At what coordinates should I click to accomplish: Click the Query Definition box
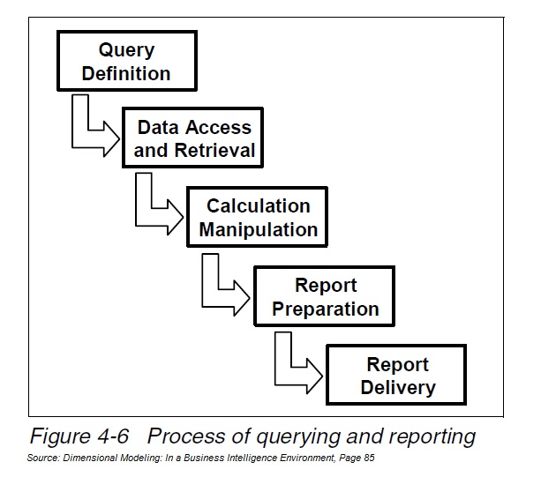point(125,61)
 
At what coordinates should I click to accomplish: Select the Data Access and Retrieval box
point(194,139)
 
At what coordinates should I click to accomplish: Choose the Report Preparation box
point(326,297)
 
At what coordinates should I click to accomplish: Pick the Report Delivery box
point(397,376)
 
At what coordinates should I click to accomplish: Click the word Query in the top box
point(125,49)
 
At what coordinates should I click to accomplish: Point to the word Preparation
point(326,309)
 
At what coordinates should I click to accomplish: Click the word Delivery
point(397,387)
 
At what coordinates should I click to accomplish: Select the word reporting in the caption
point(430,436)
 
